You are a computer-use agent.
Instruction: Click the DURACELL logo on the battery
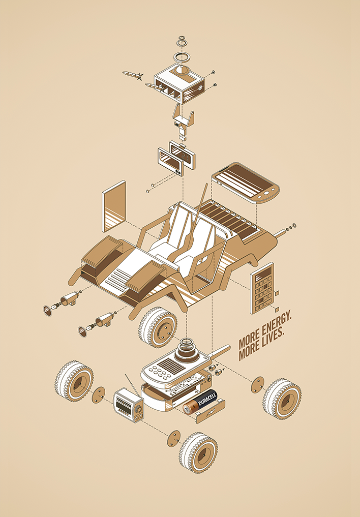click(207, 399)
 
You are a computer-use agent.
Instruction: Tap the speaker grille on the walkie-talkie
click(169, 364)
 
